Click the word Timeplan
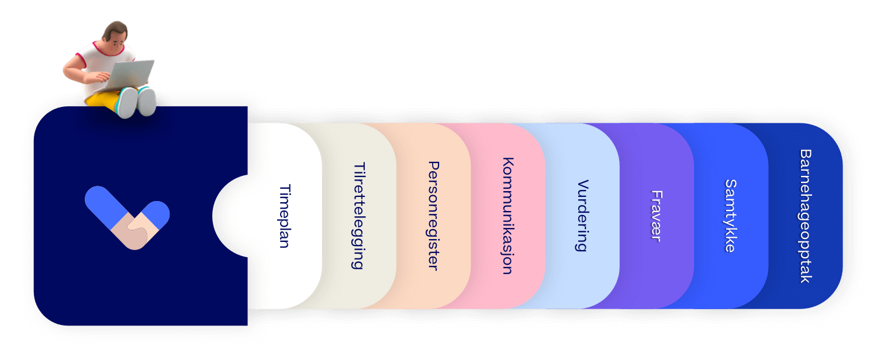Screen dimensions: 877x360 point(285,216)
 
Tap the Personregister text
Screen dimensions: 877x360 point(433,216)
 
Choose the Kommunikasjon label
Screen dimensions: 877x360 point(508,216)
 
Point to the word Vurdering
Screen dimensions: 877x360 point(582,216)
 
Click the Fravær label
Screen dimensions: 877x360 point(657,216)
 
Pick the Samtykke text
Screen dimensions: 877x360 point(731,216)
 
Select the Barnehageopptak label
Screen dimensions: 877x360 point(806,216)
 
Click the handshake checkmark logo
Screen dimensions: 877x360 point(127,217)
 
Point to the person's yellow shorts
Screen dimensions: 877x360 point(102,99)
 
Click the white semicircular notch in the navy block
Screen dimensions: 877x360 point(230,216)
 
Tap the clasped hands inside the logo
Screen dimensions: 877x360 point(134,231)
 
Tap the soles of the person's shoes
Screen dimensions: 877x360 point(137,102)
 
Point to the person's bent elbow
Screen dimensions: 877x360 point(67,71)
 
